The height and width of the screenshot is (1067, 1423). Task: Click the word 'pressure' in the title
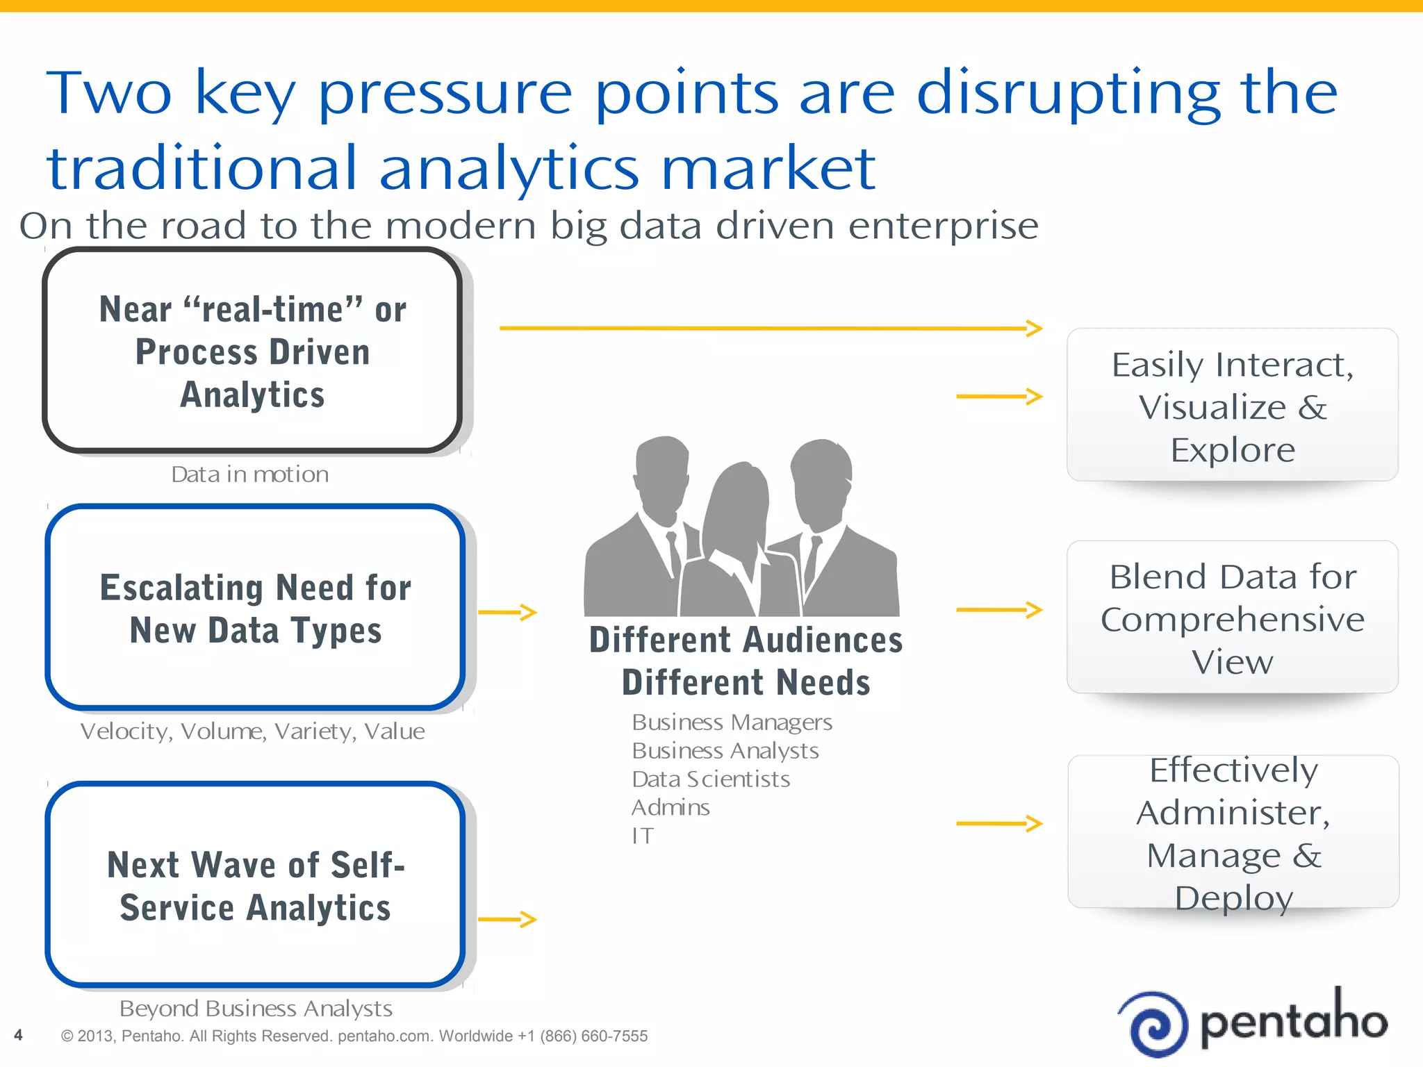[445, 94]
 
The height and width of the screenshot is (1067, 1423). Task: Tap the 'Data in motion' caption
[250, 474]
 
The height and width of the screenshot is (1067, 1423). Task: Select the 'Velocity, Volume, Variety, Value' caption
[252, 731]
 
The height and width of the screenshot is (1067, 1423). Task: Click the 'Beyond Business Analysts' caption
[256, 1008]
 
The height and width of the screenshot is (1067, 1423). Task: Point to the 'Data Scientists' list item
[711, 779]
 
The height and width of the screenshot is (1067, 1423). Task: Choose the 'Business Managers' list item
[732, 722]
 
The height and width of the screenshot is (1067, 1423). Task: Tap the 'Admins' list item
[671, 807]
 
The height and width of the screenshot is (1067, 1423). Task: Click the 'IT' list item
[643, 836]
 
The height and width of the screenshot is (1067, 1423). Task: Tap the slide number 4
[18, 1035]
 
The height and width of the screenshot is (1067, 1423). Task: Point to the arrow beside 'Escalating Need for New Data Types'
[508, 612]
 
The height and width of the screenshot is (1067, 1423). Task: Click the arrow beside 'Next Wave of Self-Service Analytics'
[508, 919]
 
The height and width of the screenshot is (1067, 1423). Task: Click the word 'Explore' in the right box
[1233, 450]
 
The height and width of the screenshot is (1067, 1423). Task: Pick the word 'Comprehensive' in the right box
[1233, 620]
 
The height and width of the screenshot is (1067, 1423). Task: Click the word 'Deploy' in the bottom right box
[1234, 898]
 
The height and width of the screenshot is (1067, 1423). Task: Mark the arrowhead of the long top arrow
[1035, 328]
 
